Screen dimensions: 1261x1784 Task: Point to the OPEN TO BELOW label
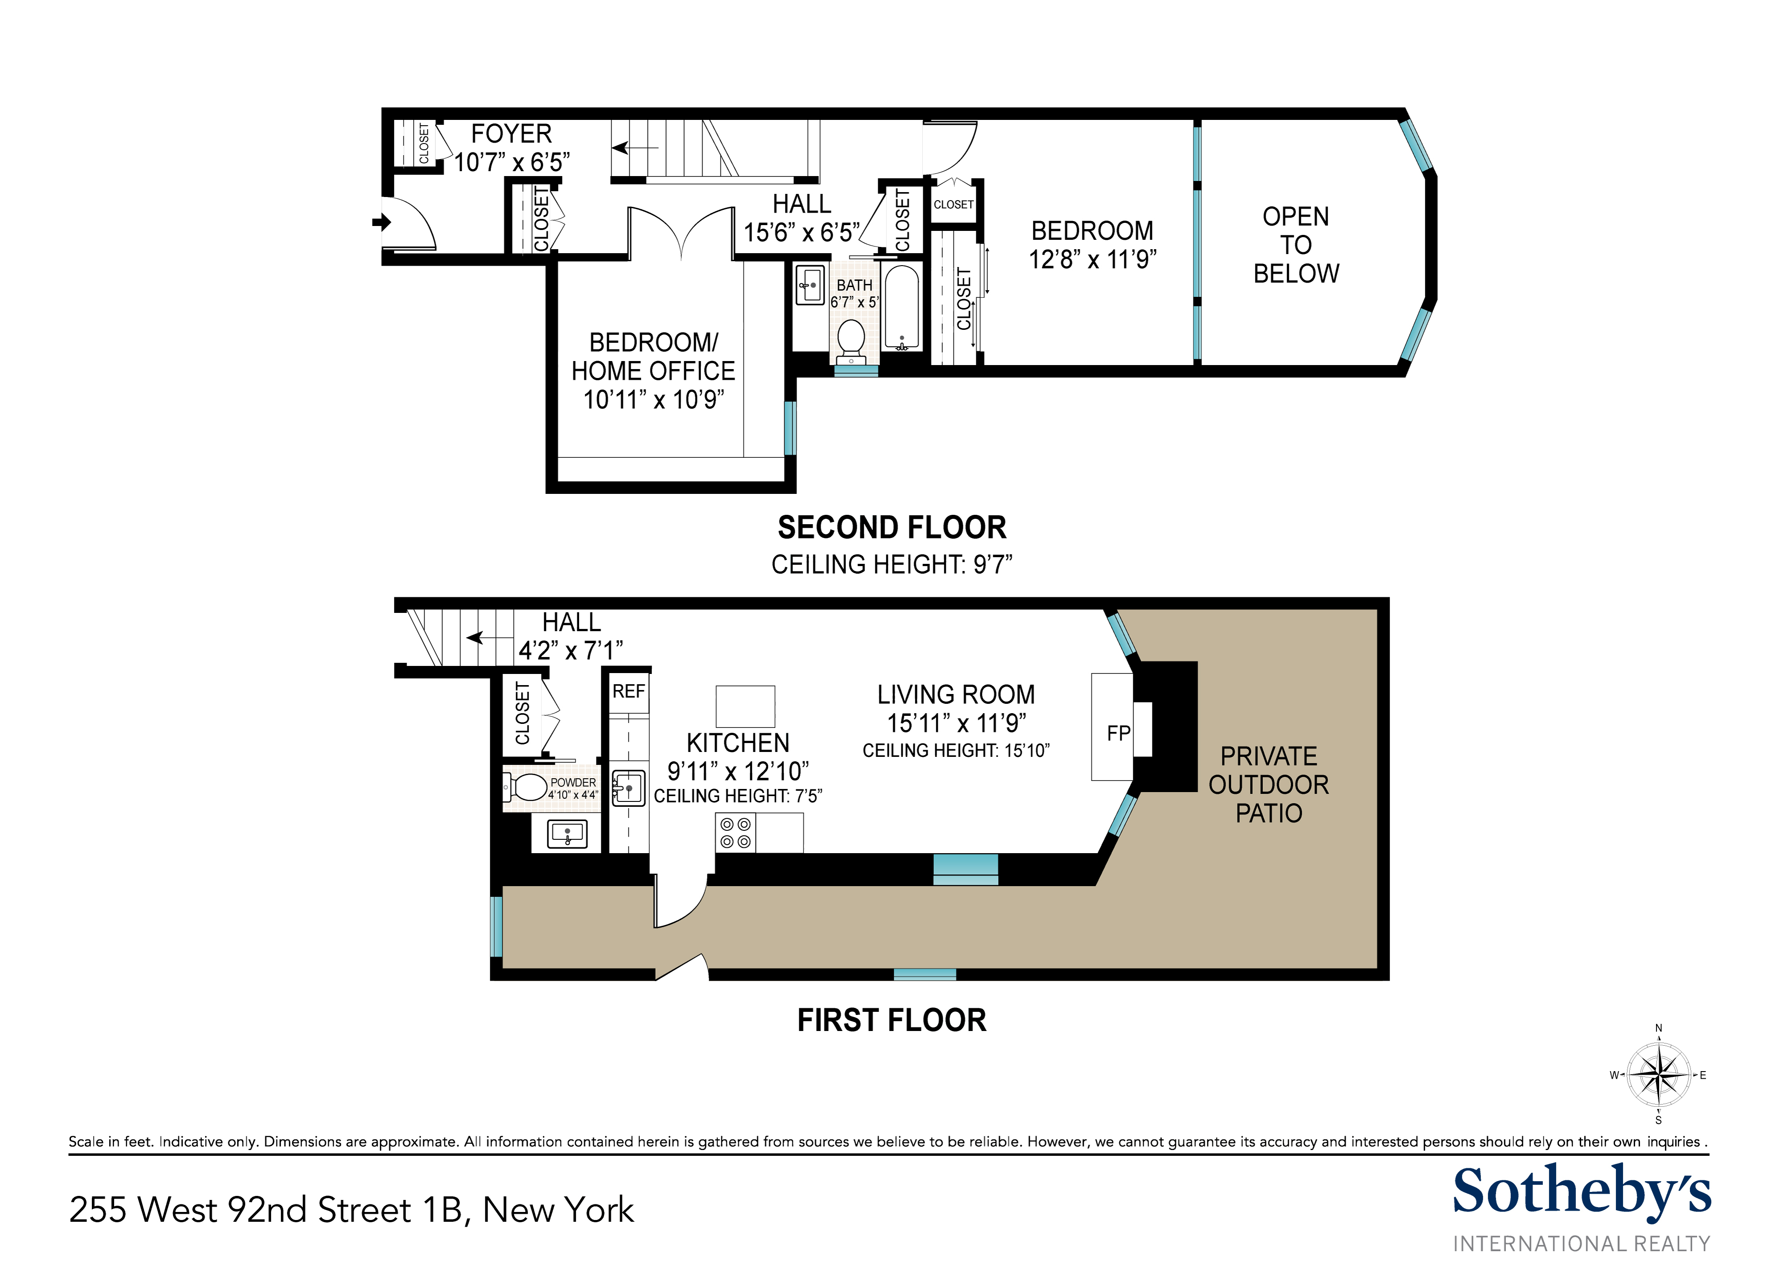(x=1295, y=245)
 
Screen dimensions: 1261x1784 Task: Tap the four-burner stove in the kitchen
(x=735, y=833)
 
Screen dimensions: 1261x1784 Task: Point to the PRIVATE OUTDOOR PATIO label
(x=1268, y=785)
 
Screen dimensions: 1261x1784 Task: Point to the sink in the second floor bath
(x=810, y=285)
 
